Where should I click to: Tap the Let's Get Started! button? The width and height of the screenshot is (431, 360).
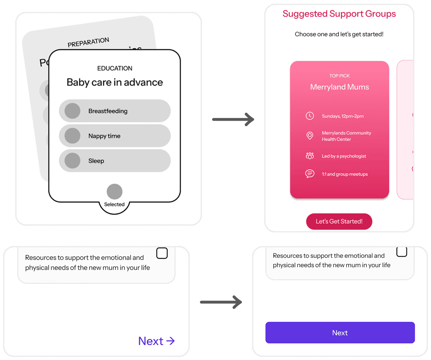339,221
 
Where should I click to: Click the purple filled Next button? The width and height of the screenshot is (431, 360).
340,333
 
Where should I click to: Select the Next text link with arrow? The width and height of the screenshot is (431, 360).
156,341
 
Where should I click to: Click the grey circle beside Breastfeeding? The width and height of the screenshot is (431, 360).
72,111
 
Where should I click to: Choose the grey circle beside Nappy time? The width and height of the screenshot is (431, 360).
72,136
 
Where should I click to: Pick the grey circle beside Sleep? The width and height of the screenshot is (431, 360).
72,161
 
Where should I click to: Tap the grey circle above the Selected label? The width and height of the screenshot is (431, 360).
114,192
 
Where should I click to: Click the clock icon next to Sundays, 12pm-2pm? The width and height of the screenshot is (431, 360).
310,116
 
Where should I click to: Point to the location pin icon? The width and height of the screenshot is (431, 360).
310,136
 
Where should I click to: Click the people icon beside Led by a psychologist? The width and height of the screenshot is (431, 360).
310,156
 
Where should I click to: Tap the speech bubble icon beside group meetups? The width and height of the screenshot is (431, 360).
310,174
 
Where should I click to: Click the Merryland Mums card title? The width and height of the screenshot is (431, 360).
339,87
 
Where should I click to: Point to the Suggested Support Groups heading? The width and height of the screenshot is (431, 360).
339,14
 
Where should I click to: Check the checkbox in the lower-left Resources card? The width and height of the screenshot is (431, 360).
162,253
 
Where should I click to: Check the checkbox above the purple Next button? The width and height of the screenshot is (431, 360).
402,251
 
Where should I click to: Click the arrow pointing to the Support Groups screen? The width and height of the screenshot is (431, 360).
233,119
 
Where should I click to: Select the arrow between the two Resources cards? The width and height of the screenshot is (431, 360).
221,302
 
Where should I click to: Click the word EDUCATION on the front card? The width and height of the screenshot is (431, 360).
115,68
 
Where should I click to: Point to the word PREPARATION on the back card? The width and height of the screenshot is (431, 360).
88,42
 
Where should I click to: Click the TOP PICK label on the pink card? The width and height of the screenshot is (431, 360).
339,76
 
